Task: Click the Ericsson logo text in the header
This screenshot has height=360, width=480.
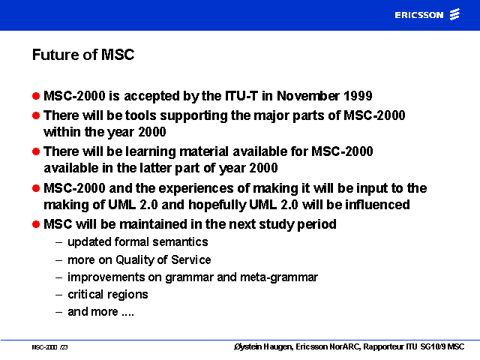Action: (418, 15)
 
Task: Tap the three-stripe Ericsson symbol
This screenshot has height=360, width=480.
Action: (454, 14)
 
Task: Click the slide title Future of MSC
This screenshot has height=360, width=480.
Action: (83, 55)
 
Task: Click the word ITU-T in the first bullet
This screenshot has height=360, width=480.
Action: (241, 96)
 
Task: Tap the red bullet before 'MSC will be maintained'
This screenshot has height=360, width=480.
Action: (36, 224)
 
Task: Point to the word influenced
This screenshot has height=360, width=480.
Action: (377, 205)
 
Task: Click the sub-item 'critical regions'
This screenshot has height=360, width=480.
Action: (108, 295)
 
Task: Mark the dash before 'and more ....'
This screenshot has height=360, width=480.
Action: (58, 313)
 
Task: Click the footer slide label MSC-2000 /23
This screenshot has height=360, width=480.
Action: (49, 347)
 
